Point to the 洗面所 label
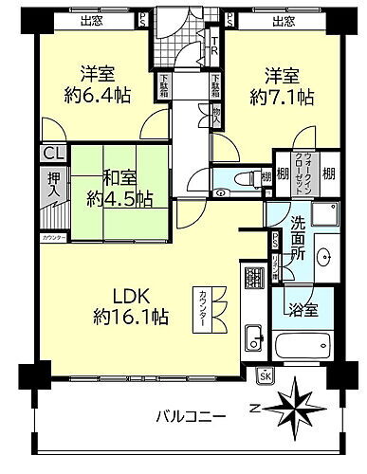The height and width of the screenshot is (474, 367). pos(296,240)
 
